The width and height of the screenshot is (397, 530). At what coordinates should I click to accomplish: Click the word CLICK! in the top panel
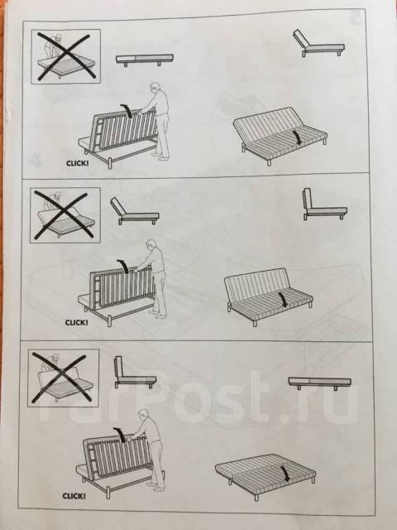click(78, 163)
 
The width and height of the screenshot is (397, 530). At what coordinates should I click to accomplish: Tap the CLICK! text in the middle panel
click(77, 322)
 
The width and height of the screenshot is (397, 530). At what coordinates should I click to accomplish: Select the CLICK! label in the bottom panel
click(74, 496)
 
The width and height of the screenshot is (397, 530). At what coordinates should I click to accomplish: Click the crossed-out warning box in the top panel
click(66, 56)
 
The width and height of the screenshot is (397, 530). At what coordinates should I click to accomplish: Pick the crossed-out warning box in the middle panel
click(65, 215)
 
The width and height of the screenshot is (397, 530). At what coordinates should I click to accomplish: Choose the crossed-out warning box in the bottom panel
click(63, 378)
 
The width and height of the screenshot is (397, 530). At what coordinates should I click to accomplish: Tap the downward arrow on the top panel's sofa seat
click(297, 137)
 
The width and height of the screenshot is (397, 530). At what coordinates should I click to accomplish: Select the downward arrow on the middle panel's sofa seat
click(282, 300)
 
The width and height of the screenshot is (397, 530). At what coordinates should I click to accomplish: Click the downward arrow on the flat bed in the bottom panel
click(285, 474)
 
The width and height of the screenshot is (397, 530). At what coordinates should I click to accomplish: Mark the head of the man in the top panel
click(155, 89)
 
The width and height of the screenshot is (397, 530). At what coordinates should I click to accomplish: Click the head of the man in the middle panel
click(151, 245)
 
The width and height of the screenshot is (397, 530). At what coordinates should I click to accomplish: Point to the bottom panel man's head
click(143, 415)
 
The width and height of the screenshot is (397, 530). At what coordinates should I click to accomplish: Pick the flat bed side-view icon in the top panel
click(145, 60)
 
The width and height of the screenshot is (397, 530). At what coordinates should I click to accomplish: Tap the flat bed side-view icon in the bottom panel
click(320, 383)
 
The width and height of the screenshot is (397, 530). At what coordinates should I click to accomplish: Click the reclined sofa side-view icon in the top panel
click(318, 44)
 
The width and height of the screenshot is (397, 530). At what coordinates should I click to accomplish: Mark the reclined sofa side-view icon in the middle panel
click(134, 211)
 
